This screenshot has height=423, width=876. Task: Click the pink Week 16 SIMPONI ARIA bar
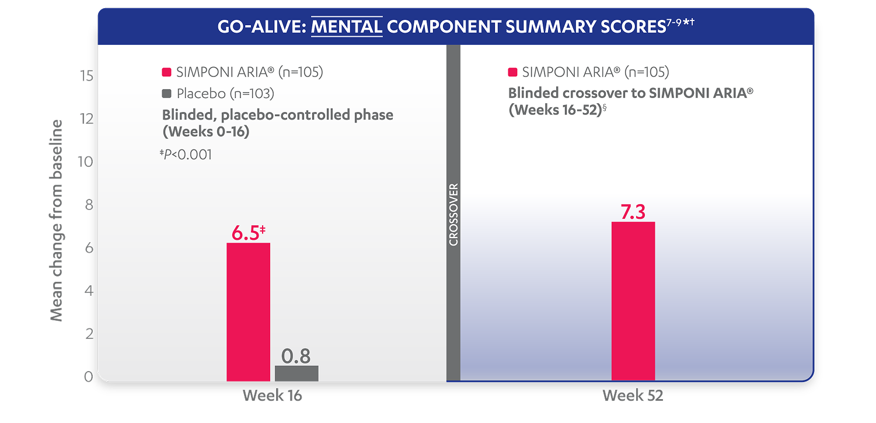pyautogui.click(x=248, y=312)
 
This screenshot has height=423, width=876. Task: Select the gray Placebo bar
pyautogui.click(x=296, y=373)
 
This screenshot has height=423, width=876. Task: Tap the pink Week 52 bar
pyautogui.click(x=633, y=301)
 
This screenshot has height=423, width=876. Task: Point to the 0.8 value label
pyautogui.click(x=296, y=356)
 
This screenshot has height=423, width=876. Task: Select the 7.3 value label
pyautogui.click(x=633, y=212)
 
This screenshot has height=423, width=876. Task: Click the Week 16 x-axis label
pyautogui.click(x=273, y=396)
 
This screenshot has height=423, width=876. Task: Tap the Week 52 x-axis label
pyautogui.click(x=633, y=396)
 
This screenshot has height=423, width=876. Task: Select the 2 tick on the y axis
pyautogui.click(x=88, y=334)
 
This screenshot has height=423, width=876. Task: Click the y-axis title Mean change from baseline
pyautogui.click(x=57, y=221)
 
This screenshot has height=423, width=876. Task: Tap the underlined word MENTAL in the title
pyautogui.click(x=347, y=27)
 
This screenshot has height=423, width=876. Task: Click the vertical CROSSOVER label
pyautogui.click(x=454, y=214)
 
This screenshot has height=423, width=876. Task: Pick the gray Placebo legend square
pyautogui.click(x=166, y=93)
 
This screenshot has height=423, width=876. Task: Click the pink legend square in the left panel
pyautogui.click(x=166, y=72)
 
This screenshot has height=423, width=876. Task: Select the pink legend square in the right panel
pyautogui.click(x=513, y=72)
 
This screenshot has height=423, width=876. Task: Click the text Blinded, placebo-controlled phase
pyautogui.click(x=277, y=115)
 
